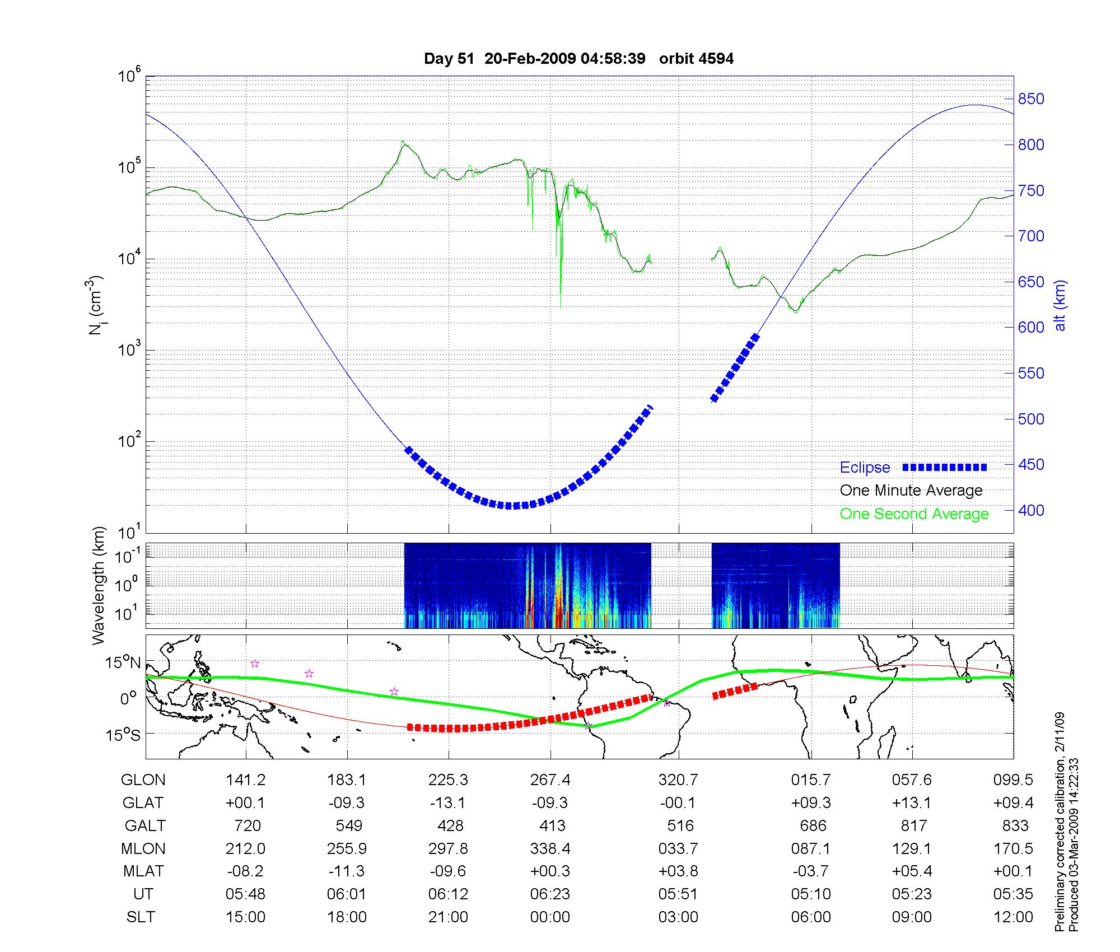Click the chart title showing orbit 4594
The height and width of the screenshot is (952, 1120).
coord(578,59)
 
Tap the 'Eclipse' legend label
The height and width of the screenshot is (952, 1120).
coord(865,468)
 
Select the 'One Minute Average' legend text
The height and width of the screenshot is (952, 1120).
coord(911,491)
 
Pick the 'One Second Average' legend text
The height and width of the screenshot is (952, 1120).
coord(914,514)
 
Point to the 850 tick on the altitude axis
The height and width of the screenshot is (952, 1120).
coord(1030,99)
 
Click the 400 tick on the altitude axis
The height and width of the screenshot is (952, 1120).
coord(1030,510)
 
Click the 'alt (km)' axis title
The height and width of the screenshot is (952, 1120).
coord(1060,305)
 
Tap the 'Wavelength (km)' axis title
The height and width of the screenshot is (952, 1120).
coord(99,585)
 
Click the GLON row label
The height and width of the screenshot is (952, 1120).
coord(143,780)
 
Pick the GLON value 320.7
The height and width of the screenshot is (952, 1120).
coord(678,780)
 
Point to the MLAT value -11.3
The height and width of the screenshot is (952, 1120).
coord(347,871)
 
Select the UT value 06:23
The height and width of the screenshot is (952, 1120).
coord(550,894)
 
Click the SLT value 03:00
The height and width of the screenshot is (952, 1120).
coord(678,917)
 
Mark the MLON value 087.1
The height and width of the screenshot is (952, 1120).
coord(810,848)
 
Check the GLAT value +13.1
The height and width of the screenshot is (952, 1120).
coord(912,803)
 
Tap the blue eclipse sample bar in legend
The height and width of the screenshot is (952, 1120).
coord(944,468)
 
